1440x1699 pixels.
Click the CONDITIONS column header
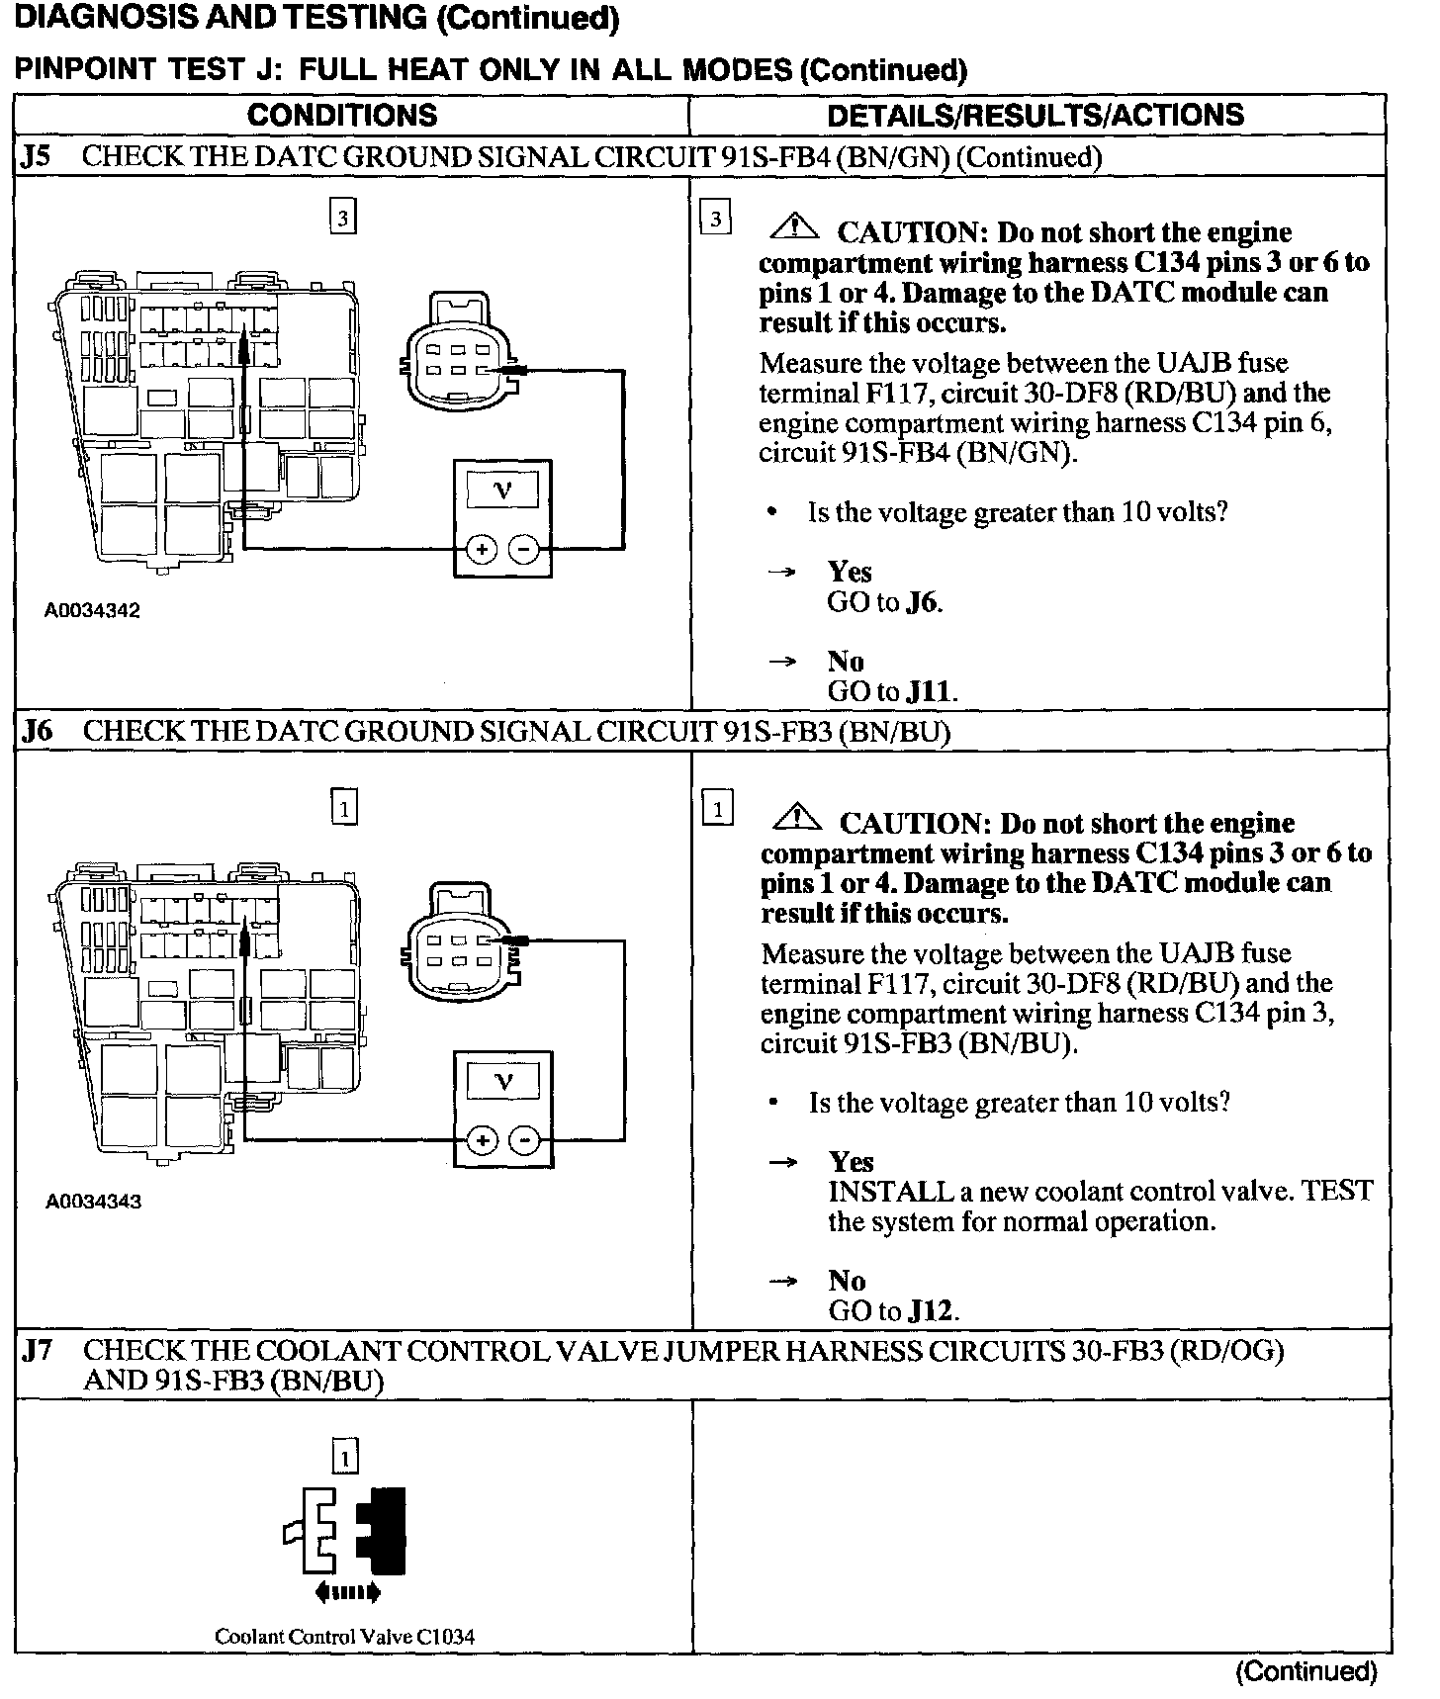point(342,115)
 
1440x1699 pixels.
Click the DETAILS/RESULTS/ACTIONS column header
point(1035,115)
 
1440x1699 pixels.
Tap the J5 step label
point(38,157)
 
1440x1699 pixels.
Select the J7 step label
point(38,1351)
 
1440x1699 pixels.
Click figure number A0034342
point(92,610)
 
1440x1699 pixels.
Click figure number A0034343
point(93,1202)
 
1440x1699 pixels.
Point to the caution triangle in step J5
point(794,230)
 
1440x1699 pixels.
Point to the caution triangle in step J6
point(796,820)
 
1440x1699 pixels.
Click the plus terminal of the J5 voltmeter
point(481,550)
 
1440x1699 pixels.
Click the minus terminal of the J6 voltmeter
point(524,1141)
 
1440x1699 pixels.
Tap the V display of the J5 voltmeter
point(502,489)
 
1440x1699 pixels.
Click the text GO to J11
point(892,691)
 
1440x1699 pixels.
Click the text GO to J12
point(893,1311)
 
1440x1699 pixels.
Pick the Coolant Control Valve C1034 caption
point(344,1637)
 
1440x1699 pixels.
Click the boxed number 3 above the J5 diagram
point(342,219)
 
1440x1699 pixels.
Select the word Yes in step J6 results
point(851,1162)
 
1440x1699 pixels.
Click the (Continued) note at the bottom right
point(1305,1671)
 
